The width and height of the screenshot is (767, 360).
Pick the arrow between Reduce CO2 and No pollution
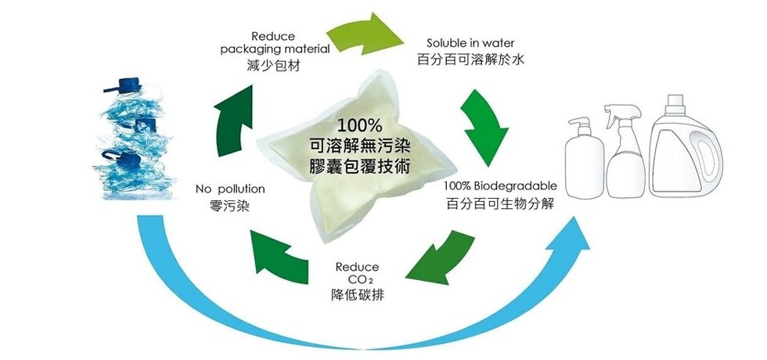click(279, 255)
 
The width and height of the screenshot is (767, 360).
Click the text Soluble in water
click(470, 42)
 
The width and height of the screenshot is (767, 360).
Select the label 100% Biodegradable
click(499, 186)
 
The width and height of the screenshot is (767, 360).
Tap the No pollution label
click(230, 189)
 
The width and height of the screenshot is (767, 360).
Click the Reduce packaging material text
click(274, 43)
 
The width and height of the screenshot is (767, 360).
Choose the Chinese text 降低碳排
click(358, 297)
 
